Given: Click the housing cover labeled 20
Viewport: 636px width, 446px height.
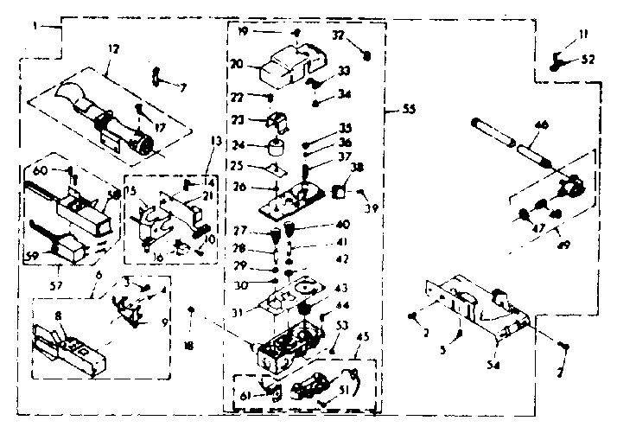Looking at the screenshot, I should click(x=289, y=60).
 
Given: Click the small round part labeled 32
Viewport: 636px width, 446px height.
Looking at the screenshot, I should click(x=366, y=54).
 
